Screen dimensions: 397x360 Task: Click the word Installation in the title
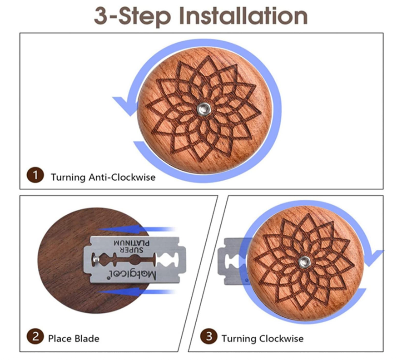pos(243,16)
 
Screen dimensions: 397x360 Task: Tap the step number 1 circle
pos(35,175)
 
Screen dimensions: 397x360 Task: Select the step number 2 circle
pos(35,336)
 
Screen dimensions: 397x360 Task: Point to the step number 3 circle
pos(208,336)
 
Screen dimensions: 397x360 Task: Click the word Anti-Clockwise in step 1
pos(122,177)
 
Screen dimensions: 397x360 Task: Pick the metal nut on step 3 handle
pos(304,262)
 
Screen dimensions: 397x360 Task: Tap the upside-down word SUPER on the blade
pos(131,250)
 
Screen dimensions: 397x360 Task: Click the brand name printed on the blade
pos(133,275)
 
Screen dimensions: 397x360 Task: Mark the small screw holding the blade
pos(96,259)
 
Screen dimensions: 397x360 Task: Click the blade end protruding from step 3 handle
pos(233,261)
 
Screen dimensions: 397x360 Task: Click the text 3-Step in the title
pos(132,16)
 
